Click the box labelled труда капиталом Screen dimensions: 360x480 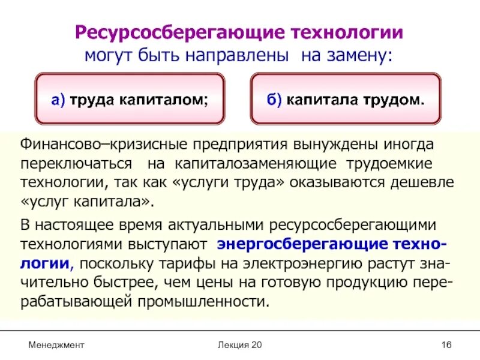130,99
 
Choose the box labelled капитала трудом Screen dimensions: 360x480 345,99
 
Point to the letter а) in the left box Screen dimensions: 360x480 58,100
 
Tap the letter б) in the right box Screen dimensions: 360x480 274,100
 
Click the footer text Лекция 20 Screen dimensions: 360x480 240,345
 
